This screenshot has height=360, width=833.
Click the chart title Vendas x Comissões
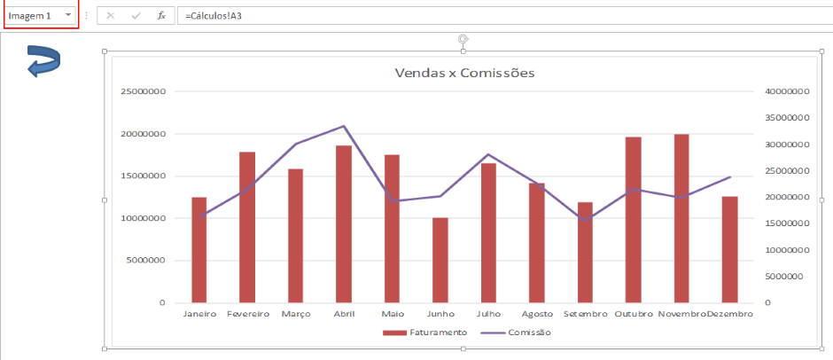point(464,73)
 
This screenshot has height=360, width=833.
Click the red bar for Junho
point(440,260)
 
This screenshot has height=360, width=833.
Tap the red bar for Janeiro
point(199,249)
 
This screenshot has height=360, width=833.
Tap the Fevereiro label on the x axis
point(248,314)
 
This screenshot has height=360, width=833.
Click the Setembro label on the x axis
point(585,314)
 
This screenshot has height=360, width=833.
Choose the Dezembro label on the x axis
point(730,314)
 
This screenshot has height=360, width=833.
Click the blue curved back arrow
point(43,63)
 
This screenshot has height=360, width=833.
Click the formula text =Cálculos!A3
point(214,16)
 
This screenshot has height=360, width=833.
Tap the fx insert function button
point(161,16)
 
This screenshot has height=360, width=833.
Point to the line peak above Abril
point(344,126)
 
